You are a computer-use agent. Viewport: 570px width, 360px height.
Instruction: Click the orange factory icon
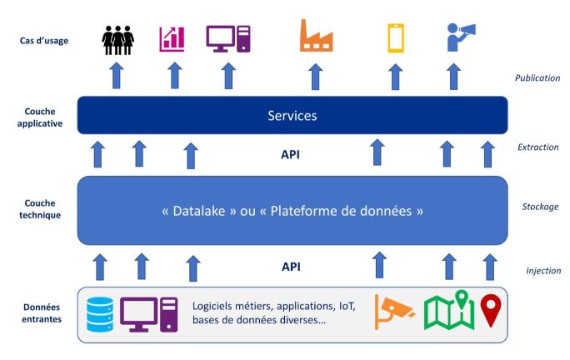(315, 38)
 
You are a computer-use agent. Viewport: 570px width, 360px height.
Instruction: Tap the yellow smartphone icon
(395, 38)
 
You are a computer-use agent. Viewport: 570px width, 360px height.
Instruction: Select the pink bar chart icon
(172, 38)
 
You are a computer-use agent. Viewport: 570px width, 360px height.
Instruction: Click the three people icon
(117, 39)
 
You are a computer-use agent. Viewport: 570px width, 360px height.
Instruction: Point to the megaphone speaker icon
(460, 37)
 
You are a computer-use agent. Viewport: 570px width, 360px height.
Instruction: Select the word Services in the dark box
(292, 116)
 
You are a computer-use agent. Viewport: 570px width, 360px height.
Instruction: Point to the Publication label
(537, 78)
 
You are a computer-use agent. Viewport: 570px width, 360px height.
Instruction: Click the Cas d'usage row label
(44, 39)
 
